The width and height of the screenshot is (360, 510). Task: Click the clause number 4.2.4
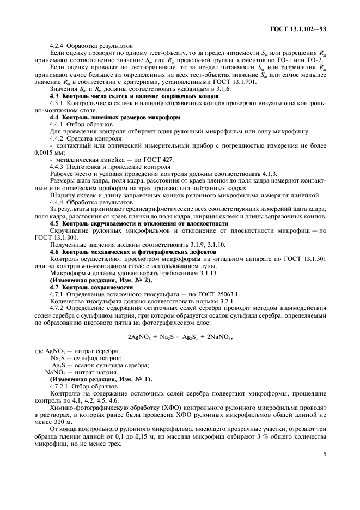[58, 46]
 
